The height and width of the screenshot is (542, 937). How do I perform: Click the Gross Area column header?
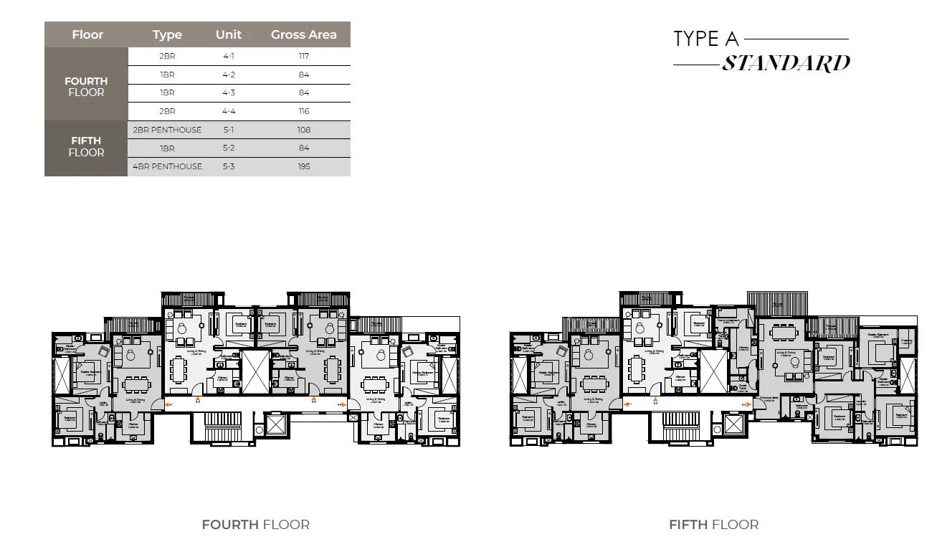pyautogui.click(x=303, y=34)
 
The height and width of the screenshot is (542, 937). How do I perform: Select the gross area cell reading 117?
pyautogui.click(x=304, y=56)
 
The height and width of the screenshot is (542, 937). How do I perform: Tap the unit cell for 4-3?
pyautogui.click(x=229, y=93)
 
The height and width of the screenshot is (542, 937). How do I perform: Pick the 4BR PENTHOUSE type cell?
pyautogui.click(x=167, y=166)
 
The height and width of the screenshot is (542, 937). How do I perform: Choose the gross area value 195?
pyautogui.click(x=304, y=166)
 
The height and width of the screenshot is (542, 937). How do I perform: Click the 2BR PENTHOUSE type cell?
pyautogui.click(x=167, y=130)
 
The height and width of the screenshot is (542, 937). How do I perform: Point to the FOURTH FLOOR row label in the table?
pyautogui.click(x=86, y=87)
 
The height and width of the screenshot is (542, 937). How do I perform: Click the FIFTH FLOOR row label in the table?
pyautogui.click(x=86, y=146)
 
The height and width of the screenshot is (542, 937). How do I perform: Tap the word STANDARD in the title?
pyautogui.click(x=786, y=63)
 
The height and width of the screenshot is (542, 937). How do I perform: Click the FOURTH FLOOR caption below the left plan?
pyautogui.click(x=255, y=525)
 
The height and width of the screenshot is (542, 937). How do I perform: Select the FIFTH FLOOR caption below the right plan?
pyautogui.click(x=713, y=525)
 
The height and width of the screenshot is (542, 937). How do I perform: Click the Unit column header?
pyautogui.click(x=229, y=34)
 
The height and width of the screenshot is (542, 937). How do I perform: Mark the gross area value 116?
pyautogui.click(x=304, y=111)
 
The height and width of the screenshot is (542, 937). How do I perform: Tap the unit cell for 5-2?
pyautogui.click(x=229, y=148)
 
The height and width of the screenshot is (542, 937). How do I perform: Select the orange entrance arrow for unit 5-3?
pyautogui.click(x=749, y=405)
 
